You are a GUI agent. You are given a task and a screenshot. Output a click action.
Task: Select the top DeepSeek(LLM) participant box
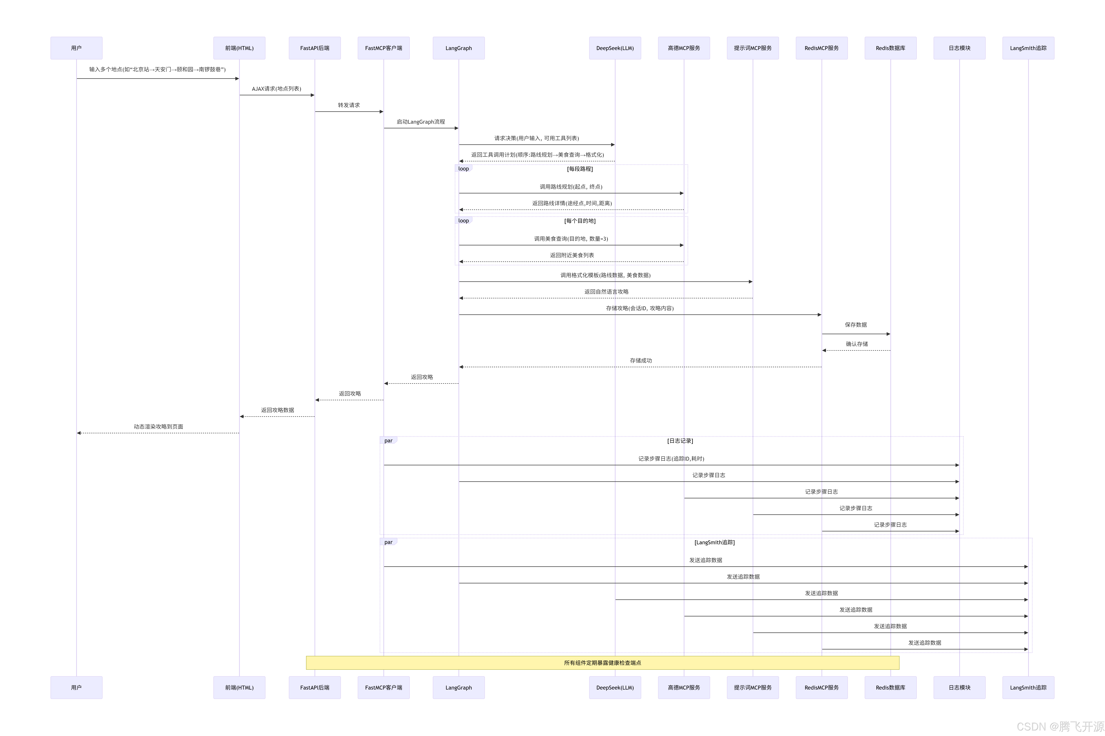pos(615,48)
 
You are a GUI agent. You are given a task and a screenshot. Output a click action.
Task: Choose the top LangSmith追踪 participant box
pos(1028,48)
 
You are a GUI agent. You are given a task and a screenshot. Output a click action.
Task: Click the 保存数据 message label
pos(856,325)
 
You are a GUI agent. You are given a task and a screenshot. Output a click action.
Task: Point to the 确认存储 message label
pos(857,344)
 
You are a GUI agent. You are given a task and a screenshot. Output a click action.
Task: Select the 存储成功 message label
pos(640,360)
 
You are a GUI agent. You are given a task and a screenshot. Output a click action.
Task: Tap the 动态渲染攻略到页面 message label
pos(158,427)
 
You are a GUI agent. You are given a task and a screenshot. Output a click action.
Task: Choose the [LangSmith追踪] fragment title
pos(714,542)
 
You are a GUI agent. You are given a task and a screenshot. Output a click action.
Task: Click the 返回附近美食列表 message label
pos(572,255)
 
